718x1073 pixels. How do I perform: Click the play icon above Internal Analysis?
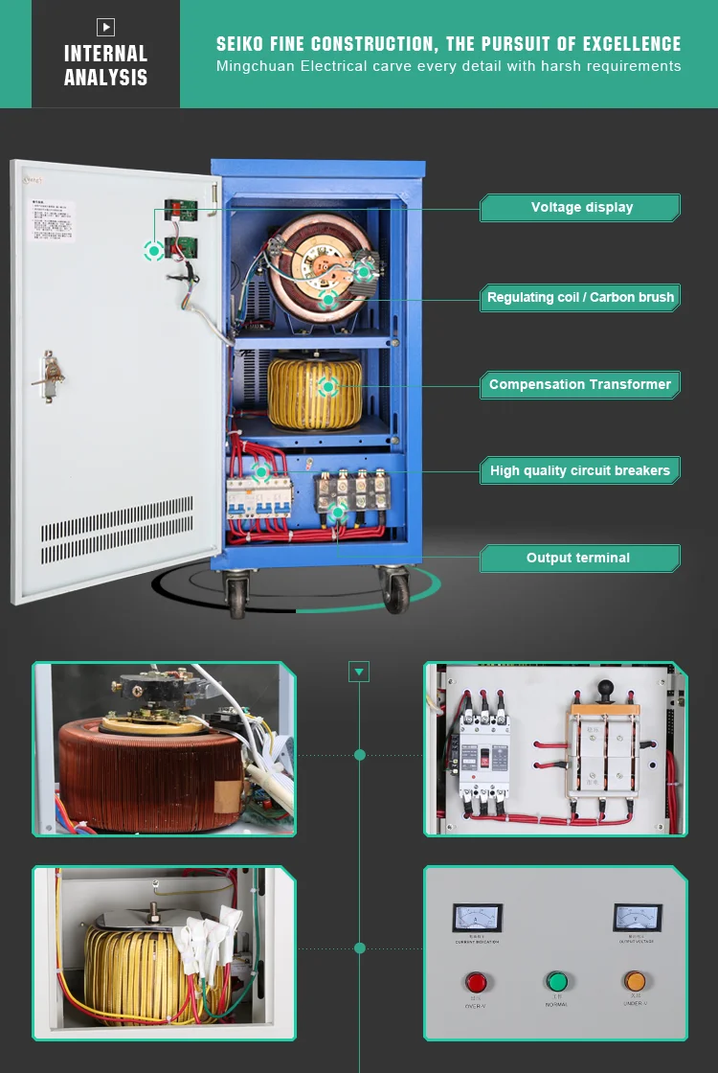[x=105, y=27]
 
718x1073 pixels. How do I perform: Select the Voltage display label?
[x=581, y=207]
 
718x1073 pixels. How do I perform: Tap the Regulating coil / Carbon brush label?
[x=580, y=297]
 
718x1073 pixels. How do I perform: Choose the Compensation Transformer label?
[x=580, y=384]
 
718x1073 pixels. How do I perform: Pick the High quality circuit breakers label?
[x=580, y=470]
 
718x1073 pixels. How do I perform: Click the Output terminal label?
[x=578, y=558]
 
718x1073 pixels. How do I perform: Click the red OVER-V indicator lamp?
[x=476, y=982]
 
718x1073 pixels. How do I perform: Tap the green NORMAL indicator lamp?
[x=556, y=981]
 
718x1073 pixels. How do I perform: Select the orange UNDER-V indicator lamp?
[x=635, y=981]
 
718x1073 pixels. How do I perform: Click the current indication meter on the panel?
[x=477, y=918]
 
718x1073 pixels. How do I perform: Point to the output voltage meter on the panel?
[x=638, y=918]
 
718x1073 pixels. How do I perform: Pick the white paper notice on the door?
[x=52, y=221]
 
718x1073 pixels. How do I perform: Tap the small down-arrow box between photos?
[x=359, y=672]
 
